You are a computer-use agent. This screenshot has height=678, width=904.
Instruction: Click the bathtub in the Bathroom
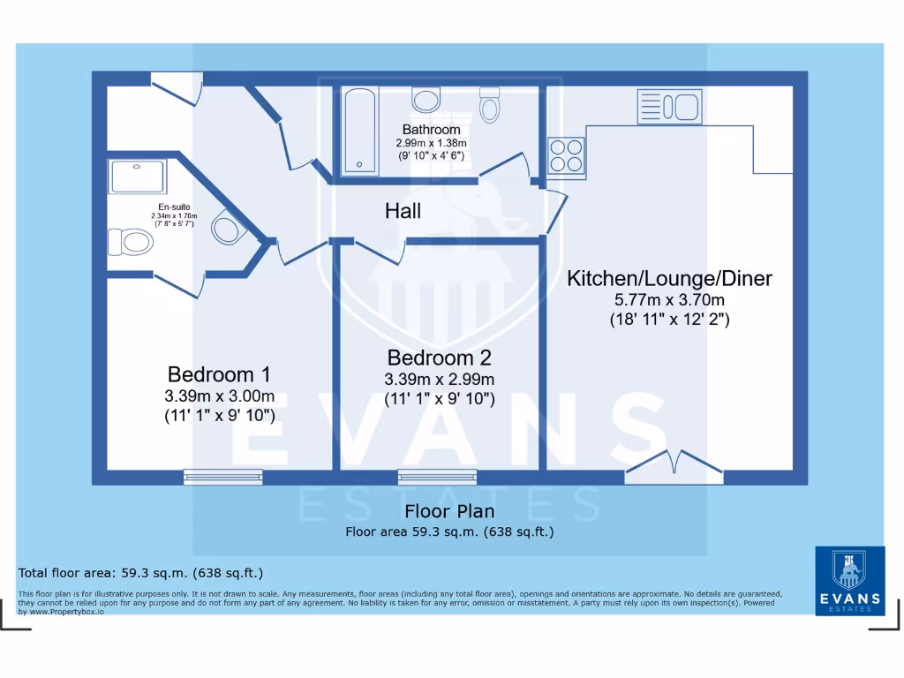point(358,129)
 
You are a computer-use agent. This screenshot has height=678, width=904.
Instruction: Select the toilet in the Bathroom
point(489,106)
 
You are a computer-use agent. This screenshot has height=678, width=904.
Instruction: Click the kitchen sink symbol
point(668,107)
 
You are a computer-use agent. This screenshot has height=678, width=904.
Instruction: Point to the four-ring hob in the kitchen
point(566,156)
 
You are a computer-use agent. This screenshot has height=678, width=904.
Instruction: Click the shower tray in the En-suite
point(138,177)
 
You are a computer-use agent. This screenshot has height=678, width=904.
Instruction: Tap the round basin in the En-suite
point(226,230)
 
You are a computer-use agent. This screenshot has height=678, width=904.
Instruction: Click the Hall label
point(403,211)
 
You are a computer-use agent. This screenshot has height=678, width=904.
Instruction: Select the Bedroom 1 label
point(219,373)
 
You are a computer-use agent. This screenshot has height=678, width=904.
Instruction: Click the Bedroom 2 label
point(439,358)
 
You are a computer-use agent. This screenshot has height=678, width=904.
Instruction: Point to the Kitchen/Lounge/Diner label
point(669,279)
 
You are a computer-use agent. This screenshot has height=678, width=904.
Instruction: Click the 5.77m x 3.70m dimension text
point(669,301)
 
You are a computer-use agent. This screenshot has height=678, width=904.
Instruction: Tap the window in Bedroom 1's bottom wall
point(223,477)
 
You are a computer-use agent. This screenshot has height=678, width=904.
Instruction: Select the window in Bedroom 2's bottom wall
point(437,477)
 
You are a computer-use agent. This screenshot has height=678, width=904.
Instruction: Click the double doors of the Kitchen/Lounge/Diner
point(674,466)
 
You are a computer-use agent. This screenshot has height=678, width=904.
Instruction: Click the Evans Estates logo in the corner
point(848,580)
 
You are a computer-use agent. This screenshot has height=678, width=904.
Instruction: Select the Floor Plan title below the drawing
point(449,511)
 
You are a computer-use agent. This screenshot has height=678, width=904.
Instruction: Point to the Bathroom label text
point(431,130)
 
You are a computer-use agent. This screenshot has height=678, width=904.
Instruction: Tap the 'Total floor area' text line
point(140,573)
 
